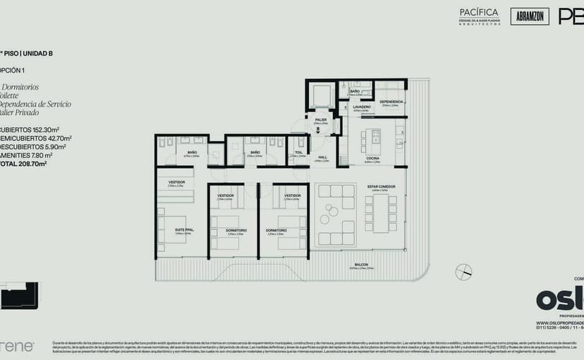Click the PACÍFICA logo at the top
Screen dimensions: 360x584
pyautogui.click(x=479, y=13)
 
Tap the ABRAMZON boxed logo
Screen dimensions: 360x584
pyautogui.click(x=530, y=16)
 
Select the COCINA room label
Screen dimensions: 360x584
pyautogui.click(x=372, y=158)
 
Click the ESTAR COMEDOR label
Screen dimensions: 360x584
pyautogui.click(x=381, y=186)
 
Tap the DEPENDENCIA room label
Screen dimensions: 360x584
pyautogui.click(x=391, y=102)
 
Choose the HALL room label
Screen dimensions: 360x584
pyautogui.click(x=322, y=157)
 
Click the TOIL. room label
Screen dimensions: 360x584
pyautogui.click(x=298, y=152)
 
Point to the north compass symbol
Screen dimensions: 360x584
pyautogui.click(x=463, y=272)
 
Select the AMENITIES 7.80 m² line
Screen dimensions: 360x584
pyautogui.click(x=26, y=155)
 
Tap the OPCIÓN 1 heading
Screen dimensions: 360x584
pyautogui.click(x=13, y=70)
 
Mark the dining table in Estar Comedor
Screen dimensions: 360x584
pyautogui.click(x=381, y=214)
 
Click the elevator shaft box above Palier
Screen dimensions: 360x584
pyautogui.click(x=321, y=96)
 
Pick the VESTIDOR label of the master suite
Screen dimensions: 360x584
pyautogui.click(x=177, y=182)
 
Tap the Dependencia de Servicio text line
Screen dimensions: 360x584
pyautogui.click(x=35, y=104)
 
